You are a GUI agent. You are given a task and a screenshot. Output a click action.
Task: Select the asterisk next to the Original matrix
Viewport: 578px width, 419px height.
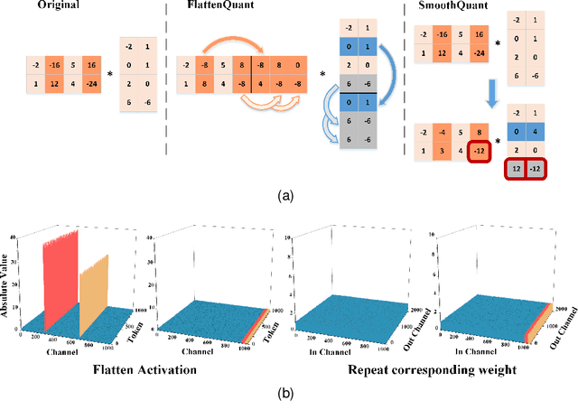coord(109,67)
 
